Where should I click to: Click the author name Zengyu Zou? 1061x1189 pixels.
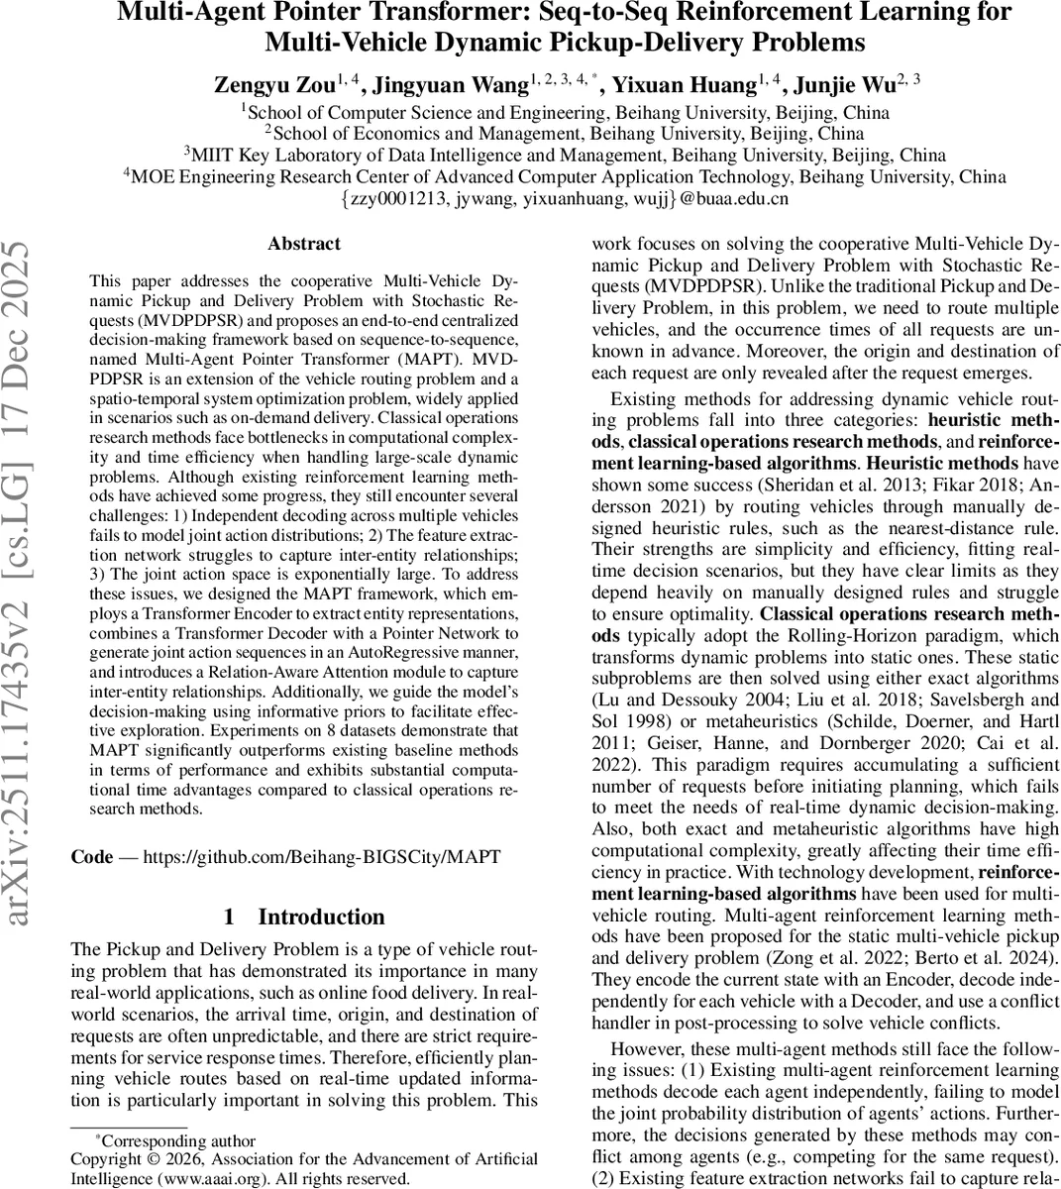point(272,84)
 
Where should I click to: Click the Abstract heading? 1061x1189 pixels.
point(304,243)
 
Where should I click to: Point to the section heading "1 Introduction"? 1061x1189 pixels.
point(304,917)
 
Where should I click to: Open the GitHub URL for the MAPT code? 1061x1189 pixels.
point(322,857)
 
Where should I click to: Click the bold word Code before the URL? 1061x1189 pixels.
point(92,857)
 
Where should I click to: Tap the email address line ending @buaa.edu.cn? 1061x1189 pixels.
point(564,198)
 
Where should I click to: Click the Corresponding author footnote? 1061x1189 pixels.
point(178,1140)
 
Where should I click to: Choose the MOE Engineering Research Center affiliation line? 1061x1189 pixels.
point(564,176)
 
